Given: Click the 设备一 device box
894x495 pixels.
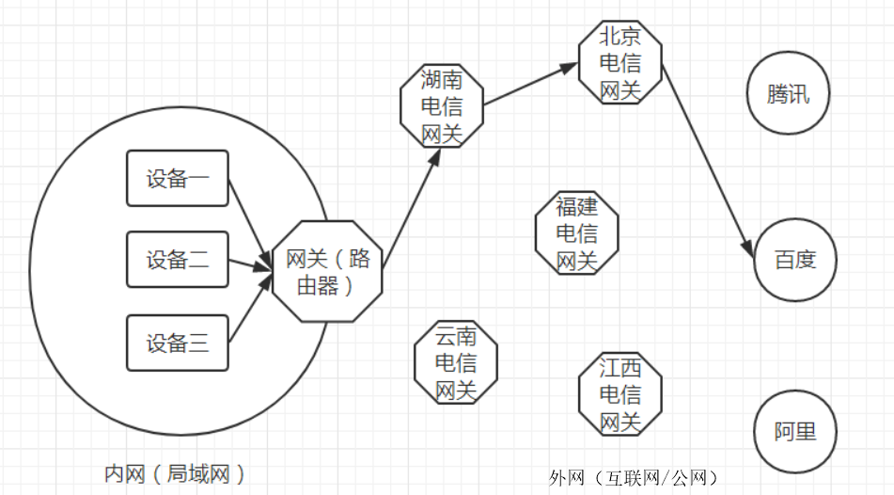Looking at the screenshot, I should pyautogui.click(x=178, y=179).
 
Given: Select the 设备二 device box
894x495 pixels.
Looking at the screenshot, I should pyautogui.click(x=178, y=260).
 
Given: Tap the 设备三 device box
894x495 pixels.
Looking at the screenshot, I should pyautogui.click(x=178, y=343).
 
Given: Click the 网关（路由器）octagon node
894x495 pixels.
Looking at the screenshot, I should pyautogui.click(x=327, y=271).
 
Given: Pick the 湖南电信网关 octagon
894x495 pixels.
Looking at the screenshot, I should pyautogui.click(x=442, y=105).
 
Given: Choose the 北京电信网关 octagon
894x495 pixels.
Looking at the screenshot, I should pyautogui.click(x=620, y=63).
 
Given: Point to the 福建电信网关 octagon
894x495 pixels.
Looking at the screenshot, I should pyautogui.click(x=576, y=232).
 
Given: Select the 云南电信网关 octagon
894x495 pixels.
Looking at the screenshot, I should pyautogui.click(x=456, y=362).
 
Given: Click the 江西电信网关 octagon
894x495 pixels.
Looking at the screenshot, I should pyautogui.click(x=620, y=393).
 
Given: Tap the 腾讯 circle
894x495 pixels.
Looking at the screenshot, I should pyautogui.click(x=789, y=94).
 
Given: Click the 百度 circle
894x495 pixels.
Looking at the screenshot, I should pyautogui.click(x=794, y=260).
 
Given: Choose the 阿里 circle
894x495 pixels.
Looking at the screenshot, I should pyautogui.click(x=794, y=432).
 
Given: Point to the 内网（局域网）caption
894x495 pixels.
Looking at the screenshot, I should pyautogui.click(x=176, y=472).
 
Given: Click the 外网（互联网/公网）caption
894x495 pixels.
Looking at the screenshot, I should pyautogui.click(x=635, y=478).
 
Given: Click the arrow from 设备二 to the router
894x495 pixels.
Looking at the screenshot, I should pyautogui.click(x=250, y=263).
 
